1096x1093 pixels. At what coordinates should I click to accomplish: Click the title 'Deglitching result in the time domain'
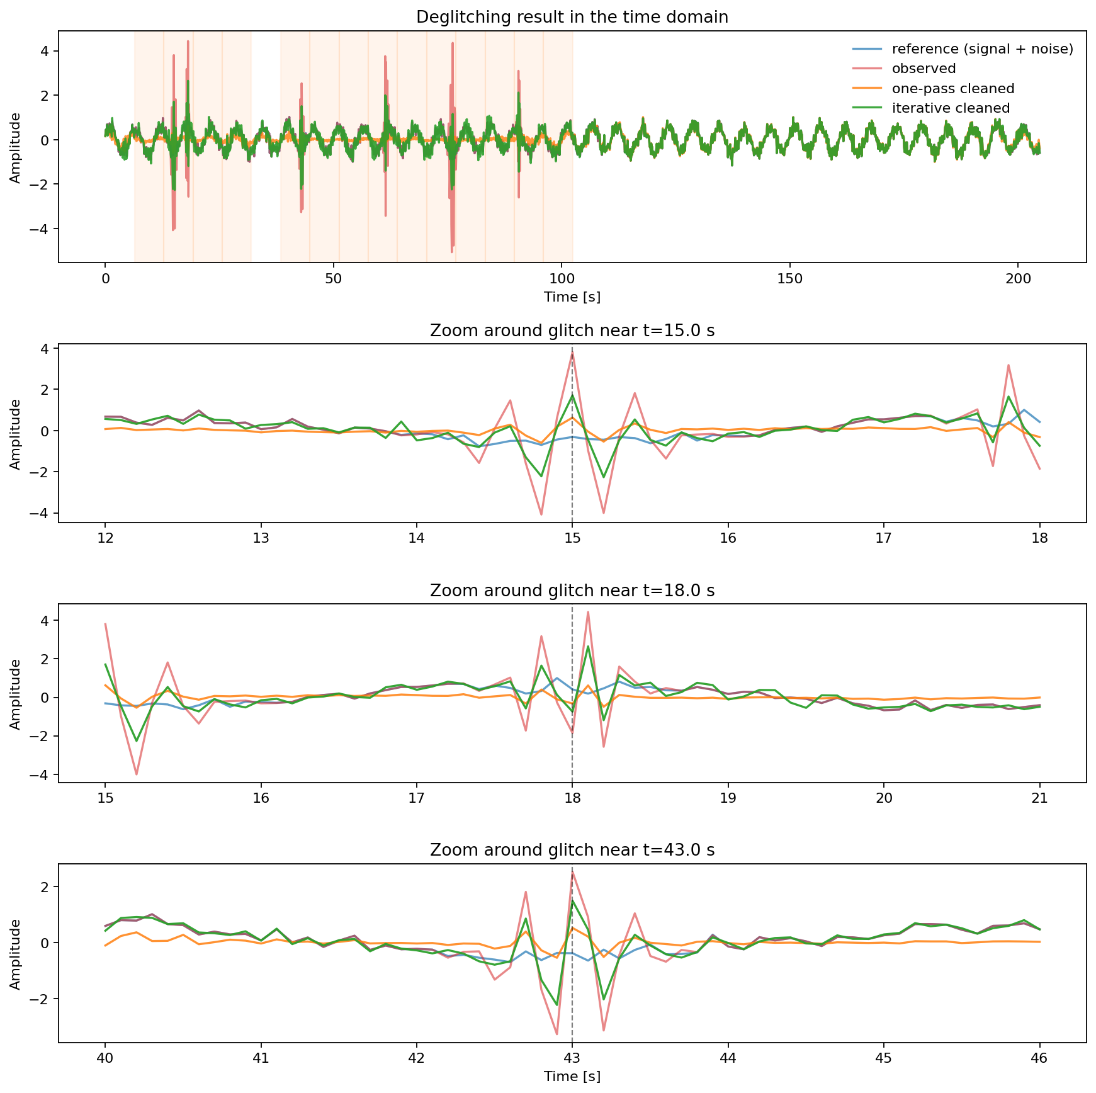(x=572, y=17)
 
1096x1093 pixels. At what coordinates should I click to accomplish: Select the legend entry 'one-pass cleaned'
(x=952, y=88)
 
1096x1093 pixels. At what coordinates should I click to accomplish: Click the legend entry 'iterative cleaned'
(x=951, y=108)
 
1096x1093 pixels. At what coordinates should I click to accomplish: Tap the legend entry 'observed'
(x=924, y=69)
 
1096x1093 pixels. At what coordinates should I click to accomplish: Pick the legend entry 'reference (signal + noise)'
(x=982, y=49)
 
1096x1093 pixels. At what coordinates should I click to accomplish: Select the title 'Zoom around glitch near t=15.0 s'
(x=572, y=331)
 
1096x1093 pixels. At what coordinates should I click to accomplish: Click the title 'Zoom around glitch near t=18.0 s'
(x=572, y=591)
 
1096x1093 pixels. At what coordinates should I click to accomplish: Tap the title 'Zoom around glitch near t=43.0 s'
(x=572, y=850)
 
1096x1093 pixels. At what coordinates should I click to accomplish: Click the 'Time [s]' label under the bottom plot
(x=572, y=1077)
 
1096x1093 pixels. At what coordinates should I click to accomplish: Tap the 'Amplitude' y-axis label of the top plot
(x=15, y=147)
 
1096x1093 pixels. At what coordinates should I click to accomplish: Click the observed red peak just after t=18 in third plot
(x=587, y=612)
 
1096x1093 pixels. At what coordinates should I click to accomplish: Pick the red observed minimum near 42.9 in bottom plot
(x=556, y=1034)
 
